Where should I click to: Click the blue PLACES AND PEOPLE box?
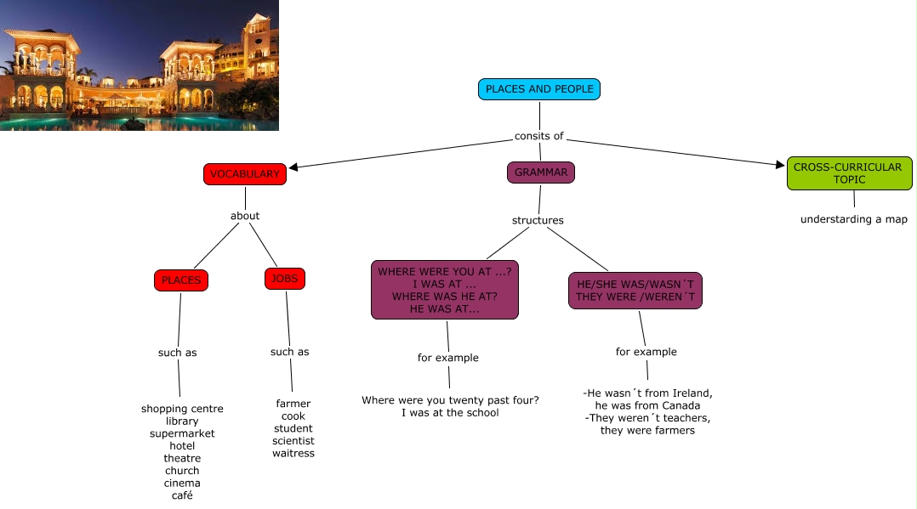[539, 89]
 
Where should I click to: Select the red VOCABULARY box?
[245, 174]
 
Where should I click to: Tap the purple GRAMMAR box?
[540, 172]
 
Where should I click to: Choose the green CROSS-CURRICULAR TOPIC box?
[848, 173]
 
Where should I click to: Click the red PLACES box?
[181, 280]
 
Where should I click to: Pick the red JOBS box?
[284, 279]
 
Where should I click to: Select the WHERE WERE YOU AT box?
[444, 291]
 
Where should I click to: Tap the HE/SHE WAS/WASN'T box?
[635, 291]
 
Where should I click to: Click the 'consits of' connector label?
[539, 136]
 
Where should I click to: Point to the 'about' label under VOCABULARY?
[245, 216]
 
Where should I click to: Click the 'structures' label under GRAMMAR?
[538, 220]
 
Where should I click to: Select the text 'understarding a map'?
[854, 219]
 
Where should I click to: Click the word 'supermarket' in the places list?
[182, 433]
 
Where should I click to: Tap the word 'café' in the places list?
[182, 495]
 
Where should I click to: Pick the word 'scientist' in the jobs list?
[293, 440]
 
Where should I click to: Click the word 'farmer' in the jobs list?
[293, 404]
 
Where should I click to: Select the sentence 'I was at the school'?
[450, 413]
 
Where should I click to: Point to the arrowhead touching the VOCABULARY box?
[294, 167]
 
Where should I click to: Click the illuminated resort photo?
[140, 65]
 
